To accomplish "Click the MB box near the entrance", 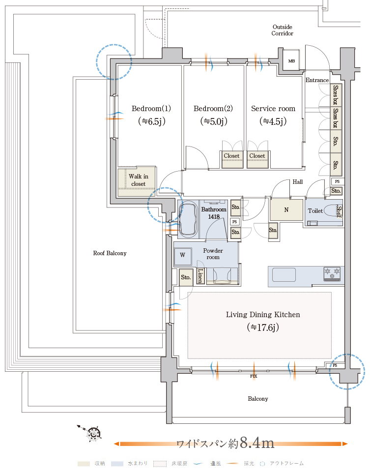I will click(x=291, y=61).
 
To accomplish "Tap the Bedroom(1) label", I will click(x=151, y=108).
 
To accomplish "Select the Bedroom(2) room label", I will click(x=213, y=108).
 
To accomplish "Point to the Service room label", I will click(x=273, y=108).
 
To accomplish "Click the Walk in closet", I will click(x=138, y=180).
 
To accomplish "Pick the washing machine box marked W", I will click(x=183, y=255).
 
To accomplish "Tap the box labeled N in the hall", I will click(x=286, y=210).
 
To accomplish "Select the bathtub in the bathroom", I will click(x=188, y=219).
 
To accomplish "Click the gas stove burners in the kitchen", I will click(x=332, y=273).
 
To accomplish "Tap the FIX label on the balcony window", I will click(x=254, y=376).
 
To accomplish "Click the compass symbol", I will click(x=93, y=433).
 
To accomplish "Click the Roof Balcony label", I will click(x=110, y=253).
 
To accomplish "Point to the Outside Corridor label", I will click(x=282, y=30).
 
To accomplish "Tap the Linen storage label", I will click(x=200, y=276).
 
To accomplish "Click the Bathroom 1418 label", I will click(x=214, y=213).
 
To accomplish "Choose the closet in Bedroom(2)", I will click(x=231, y=156).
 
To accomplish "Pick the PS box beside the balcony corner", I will click(x=336, y=366).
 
